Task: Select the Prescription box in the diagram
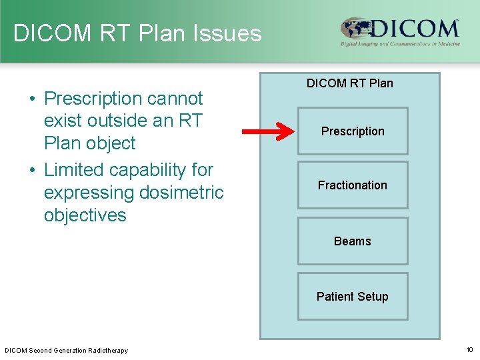[352, 131]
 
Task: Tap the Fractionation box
[352, 185]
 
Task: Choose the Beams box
[352, 241]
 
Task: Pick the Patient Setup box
[352, 297]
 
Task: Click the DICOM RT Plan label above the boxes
[349, 83]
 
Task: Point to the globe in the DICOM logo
[355, 29]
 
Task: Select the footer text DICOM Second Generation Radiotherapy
[66, 351]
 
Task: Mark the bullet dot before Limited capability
[32, 171]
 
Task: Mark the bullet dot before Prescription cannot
[32, 99]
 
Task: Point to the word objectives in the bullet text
[85, 215]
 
